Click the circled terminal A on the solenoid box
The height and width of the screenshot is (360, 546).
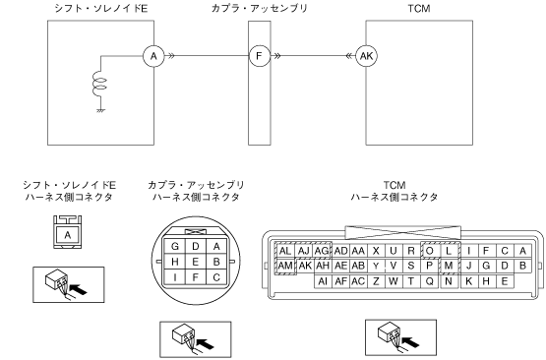click(153, 56)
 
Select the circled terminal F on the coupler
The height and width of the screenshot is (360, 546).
click(260, 56)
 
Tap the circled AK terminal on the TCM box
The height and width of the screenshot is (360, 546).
click(366, 56)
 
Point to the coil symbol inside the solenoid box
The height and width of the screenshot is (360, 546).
click(99, 84)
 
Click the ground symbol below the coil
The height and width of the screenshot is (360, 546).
click(101, 111)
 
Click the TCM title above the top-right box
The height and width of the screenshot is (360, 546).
click(419, 8)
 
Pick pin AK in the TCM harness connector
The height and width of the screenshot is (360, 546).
click(305, 266)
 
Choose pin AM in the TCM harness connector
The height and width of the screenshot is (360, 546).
click(285, 266)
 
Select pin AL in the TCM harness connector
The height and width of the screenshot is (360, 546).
click(285, 251)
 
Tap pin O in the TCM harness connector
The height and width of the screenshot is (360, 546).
click(429, 251)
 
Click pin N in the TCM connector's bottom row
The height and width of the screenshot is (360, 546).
click(449, 281)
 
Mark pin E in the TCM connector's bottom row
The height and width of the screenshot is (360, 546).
click(505, 281)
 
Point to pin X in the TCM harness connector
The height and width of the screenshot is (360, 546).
click(376, 251)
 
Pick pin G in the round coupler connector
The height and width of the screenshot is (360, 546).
click(175, 247)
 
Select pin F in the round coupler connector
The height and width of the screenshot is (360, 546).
click(196, 277)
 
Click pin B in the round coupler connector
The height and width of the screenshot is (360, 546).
click(216, 262)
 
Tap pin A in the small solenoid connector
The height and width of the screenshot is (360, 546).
click(68, 235)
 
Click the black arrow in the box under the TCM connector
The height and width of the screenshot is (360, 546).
click(409, 341)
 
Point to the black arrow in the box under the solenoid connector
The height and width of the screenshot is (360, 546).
click(78, 289)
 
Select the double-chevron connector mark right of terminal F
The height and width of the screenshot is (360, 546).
click(277, 56)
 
